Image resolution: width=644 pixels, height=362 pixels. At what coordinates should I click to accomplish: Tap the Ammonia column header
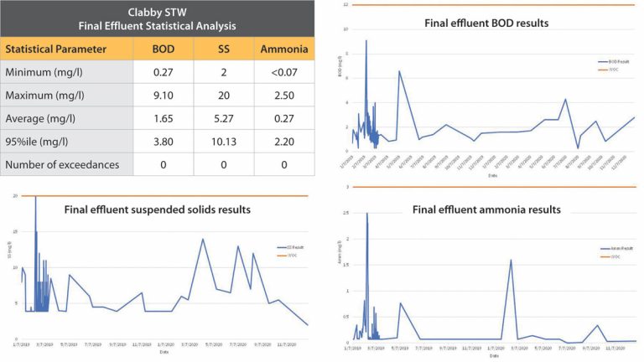[x=283, y=49]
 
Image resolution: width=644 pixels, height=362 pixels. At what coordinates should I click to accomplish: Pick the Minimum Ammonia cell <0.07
[x=283, y=71]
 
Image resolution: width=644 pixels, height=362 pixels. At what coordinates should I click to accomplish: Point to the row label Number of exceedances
[x=63, y=164]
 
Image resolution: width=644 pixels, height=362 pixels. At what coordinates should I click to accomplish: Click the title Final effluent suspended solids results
[x=158, y=209]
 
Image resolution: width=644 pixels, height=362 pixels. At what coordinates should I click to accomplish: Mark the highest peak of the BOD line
[x=366, y=40]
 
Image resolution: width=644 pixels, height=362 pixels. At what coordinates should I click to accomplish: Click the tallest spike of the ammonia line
[x=367, y=214]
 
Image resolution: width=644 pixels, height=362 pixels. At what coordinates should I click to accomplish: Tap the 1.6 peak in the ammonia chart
[x=511, y=260]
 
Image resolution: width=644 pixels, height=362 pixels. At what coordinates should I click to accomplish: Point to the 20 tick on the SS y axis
[x=16, y=196]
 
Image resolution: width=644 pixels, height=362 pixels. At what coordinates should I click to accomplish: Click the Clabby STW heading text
[x=158, y=12]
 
